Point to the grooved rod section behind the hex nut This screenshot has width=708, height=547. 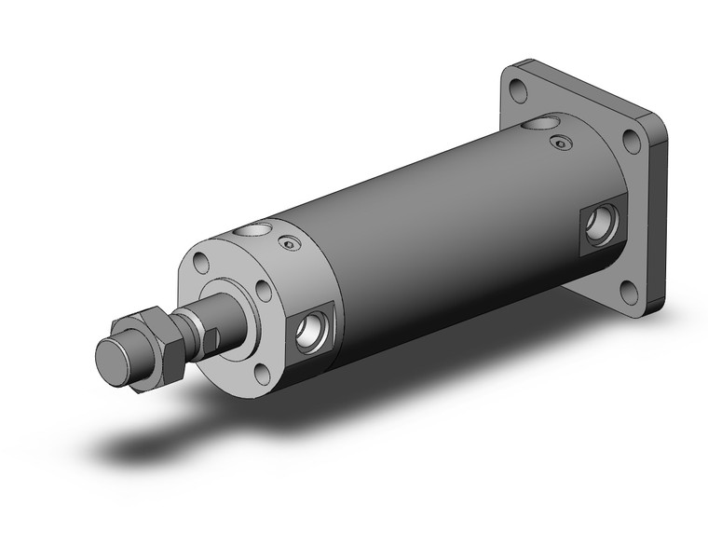click(x=189, y=328)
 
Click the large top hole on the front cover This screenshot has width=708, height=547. click(x=252, y=230)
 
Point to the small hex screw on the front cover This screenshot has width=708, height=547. click(x=290, y=244)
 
